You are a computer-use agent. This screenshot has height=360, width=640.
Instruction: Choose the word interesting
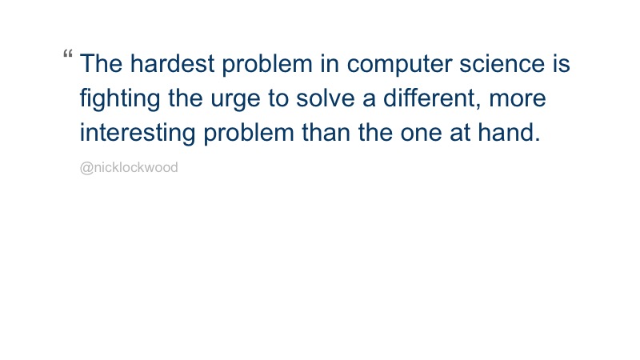pyautogui.click(x=138, y=133)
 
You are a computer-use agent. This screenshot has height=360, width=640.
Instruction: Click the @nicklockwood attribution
pyautogui.click(x=129, y=168)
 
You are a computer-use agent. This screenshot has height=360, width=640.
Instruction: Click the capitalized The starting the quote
pyautogui.click(x=101, y=64)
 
